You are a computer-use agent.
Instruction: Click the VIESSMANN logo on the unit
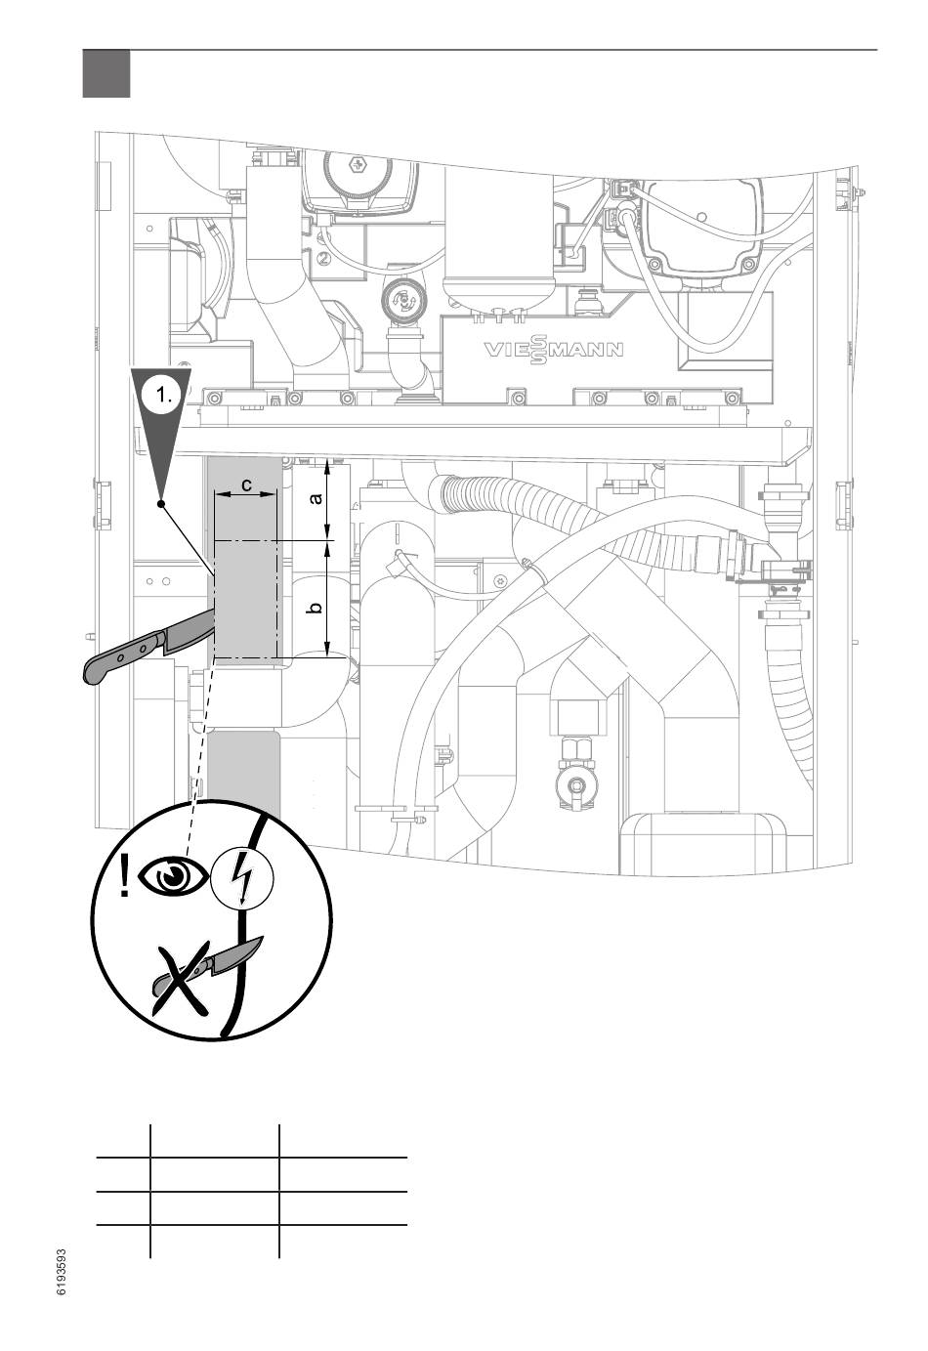click(x=554, y=351)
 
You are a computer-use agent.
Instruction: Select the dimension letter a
click(x=315, y=499)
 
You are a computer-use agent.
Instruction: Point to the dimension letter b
click(x=315, y=608)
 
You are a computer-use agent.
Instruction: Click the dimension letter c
click(x=246, y=484)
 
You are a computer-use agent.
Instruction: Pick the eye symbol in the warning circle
click(x=173, y=874)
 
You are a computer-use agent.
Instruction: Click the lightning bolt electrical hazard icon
click(x=242, y=877)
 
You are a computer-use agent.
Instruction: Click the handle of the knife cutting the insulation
click(x=123, y=658)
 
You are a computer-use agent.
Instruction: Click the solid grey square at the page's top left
click(x=106, y=73)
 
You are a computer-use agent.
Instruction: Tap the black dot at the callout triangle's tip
click(x=161, y=504)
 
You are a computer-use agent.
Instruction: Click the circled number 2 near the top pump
click(x=325, y=258)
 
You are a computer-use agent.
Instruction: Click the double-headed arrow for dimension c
click(x=246, y=494)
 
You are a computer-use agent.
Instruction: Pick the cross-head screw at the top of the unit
click(x=359, y=165)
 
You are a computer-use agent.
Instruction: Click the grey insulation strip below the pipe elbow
click(x=243, y=775)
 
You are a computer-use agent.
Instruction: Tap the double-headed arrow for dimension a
click(x=327, y=499)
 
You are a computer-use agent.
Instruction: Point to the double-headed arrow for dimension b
click(x=327, y=598)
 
